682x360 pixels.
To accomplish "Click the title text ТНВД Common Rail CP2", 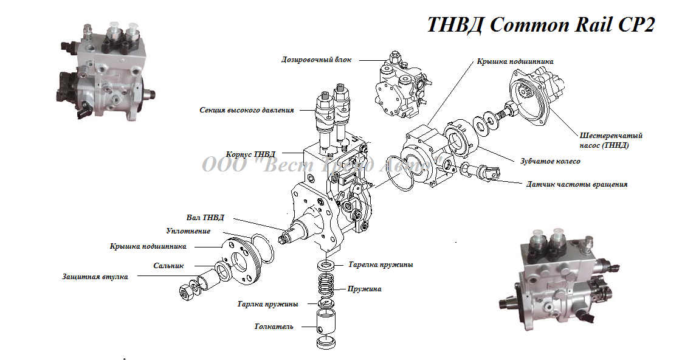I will (540, 24).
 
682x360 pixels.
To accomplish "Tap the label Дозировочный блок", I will (316, 60).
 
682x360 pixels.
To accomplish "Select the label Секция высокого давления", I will (246, 110).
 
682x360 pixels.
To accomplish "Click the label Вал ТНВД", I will (205, 217).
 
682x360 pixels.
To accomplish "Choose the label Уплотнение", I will (188, 231).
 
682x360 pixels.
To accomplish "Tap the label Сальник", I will (168, 265).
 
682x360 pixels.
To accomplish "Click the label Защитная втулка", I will (95, 277).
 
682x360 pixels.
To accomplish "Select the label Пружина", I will (364, 289).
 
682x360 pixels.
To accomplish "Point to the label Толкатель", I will (274, 327).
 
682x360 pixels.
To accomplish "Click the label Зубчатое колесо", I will (550, 161).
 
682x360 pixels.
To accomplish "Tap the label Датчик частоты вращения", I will (576, 184).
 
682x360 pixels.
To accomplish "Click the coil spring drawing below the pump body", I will (328, 286).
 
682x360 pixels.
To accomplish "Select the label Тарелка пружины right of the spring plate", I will (381, 265).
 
